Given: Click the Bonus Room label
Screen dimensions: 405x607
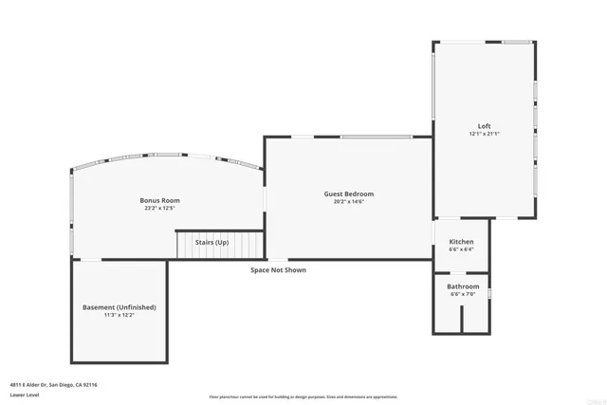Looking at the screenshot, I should tap(159, 200).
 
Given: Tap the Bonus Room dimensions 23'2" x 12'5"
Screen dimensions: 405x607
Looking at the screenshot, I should tap(159, 209).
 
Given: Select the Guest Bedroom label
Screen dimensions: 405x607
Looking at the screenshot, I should tap(348, 193).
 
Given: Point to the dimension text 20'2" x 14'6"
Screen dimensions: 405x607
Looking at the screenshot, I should tap(348, 202).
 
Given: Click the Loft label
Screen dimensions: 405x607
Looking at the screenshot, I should tap(484, 126).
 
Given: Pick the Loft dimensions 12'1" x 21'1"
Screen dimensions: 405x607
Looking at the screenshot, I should tap(484, 135).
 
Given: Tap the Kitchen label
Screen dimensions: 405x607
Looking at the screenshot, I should tap(461, 242).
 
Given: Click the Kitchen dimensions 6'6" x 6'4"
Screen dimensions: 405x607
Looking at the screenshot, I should tap(461, 250).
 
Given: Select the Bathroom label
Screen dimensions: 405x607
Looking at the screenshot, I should tap(464, 286).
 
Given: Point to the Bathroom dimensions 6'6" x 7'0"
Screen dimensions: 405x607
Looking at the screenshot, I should tap(464, 295).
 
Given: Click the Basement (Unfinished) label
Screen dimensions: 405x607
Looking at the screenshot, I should tap(119, 307).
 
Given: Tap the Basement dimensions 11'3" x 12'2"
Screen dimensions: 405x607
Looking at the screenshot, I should tap(119, 316).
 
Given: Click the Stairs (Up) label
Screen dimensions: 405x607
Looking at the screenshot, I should tap(212, 243).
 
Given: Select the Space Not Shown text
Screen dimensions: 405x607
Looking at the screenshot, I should tap(278, 270).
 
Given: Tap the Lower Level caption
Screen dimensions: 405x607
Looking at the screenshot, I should tap(25, 395).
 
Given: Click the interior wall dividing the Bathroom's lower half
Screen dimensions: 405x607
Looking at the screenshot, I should tap(462, 319).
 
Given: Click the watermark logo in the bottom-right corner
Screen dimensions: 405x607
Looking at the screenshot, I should tap(593, 398).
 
